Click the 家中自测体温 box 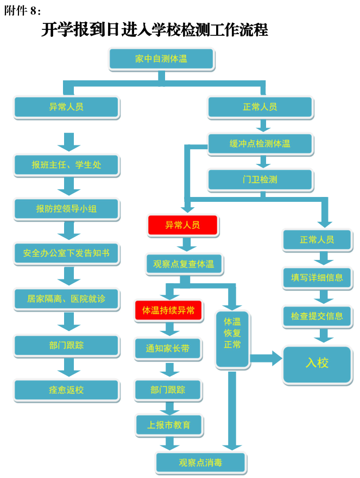pyautogui.click(x=162, y=59)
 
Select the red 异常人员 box pyautogui.click(x=183, y=225)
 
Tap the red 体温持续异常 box pyautogui.click(x=168, y=311)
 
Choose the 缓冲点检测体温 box pyautogui.click(x=260, y=144)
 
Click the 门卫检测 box pyautogui.click(x=260, y=180)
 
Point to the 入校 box pyautogui.click(x=317, y=364)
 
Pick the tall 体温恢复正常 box pyautogui.click(x=232, y=339)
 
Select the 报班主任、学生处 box pyautogui.click(x=66, y=165)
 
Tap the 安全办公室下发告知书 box pyautogui.click(x=66, y=253)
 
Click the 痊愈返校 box pyautogui.click(x=66, y=390)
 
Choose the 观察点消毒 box pyautogui.click(x=201, y=463)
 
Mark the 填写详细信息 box pyautogui.click(x=317, y=278)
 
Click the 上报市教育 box pyautogui.click(x=169, y=425)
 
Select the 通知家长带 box pyautogui.click(x=168, y=349)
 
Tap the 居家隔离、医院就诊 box pyautogui.click(x=66, y=299)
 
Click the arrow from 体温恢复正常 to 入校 pyautogui.click(x=266, y=358)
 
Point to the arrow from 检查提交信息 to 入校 pyautogui.click(x=324, y=335)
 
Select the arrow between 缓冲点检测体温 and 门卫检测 pyautogui.click(x=263, y=162)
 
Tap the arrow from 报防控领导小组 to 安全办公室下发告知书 pyautogui.click(x=69, y=231)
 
